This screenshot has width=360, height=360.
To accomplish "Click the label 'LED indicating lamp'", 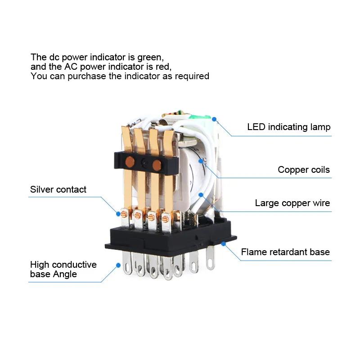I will pyautogui.click(x=288, y=127).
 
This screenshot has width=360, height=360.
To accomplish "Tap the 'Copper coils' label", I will pyautogui.click(x=303, y=170).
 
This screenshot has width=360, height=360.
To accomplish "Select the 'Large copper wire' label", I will pyautogui.click(x=292, y=203).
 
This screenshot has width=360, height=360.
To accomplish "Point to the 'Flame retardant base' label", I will pyautogui.click(x=285, y=252).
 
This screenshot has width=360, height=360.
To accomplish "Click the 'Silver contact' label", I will pyautogui.click(x=58, y=189).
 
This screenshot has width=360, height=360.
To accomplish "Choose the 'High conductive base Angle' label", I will pyautogui.click(x=63, y=269).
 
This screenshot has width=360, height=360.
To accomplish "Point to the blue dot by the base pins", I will pyautogui.click(x=118, y=265).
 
